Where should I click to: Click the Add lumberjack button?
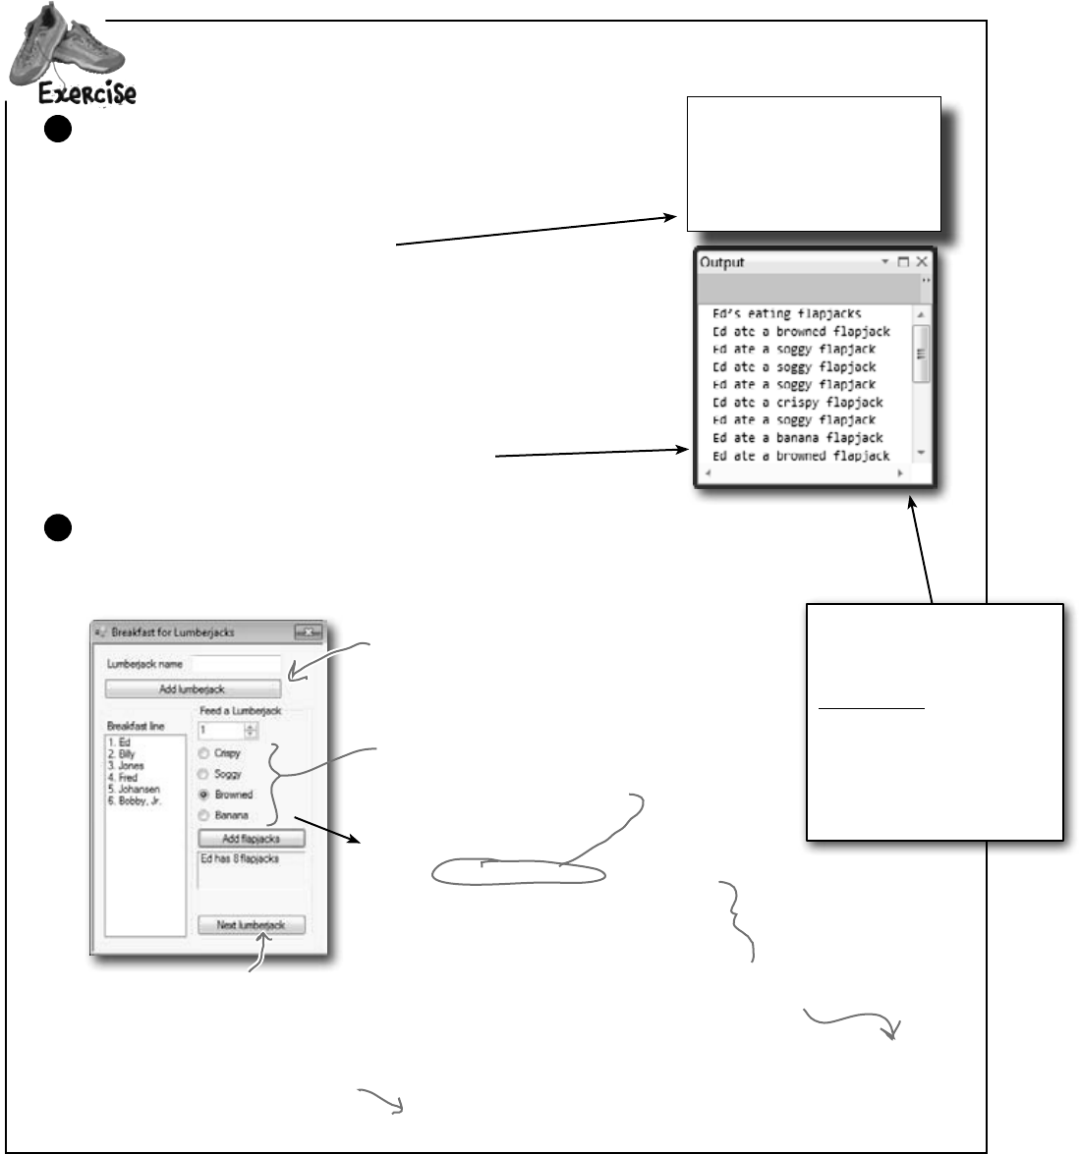[193, 689]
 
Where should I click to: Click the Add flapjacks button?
[252, 839]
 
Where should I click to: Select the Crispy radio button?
[204, 753]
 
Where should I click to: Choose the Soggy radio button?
[204, 774]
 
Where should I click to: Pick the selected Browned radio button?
[204, 795]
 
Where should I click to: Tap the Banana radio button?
[204, 815]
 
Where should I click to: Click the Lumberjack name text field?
[236, 665]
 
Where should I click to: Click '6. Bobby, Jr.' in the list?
[135, 801]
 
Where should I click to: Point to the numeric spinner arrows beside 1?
[251, 731]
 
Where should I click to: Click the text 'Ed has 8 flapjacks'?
[240, 859]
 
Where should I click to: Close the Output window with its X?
[922, 262]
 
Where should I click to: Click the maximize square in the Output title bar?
[903, 262]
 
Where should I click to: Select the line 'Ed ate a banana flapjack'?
[797, 438]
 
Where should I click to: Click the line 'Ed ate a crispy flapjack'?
[797, 403]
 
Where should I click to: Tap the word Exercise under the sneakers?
[86, 94]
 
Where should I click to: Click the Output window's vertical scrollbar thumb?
[921, 354]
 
